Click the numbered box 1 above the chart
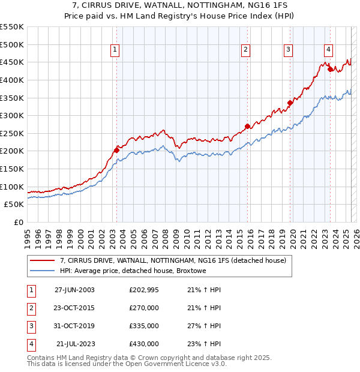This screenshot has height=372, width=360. point(115,50)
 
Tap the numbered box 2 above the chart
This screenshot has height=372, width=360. point(246,50)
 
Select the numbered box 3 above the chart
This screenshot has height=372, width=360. point(288,50)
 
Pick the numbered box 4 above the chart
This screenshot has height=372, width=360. point(329,50)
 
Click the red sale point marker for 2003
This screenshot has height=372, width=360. point(116,150)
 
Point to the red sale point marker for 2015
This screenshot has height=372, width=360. point(247,126)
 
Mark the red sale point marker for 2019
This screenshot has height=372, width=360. point(290,103)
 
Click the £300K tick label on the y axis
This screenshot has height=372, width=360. point(12,115)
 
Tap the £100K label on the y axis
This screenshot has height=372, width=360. point(12,187)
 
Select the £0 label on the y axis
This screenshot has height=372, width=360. point(18,222)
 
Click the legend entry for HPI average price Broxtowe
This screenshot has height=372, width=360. point(132,271)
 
